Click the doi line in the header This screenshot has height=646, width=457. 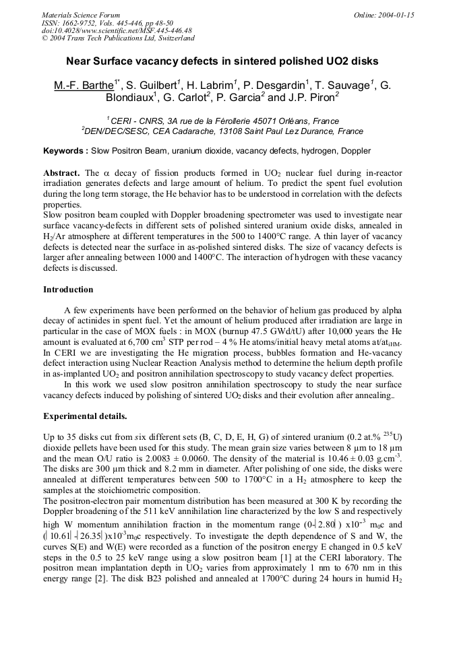(117, 30)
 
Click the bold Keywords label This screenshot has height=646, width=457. (65, 151)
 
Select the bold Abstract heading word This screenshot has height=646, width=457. (61, 173)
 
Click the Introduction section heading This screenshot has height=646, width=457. (68, 290)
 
